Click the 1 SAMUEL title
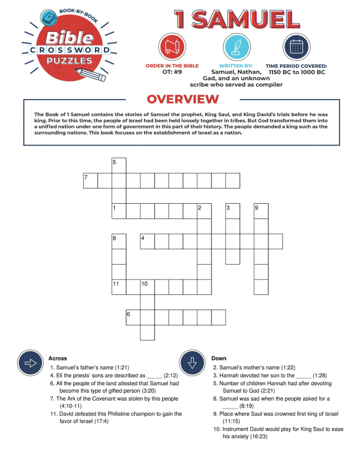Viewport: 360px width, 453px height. [237, 19]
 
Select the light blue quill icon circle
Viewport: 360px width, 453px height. [236, 48]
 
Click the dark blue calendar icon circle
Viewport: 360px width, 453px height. [296, 48]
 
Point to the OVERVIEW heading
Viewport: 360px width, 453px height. [183, 100]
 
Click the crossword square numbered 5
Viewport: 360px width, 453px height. [119, 166]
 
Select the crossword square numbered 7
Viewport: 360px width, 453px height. [90, 181]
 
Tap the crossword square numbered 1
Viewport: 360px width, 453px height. [119, 211]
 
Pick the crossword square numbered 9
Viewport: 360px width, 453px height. [261, 211]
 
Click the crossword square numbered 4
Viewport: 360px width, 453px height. [147, 241]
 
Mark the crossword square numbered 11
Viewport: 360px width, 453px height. [119, 286]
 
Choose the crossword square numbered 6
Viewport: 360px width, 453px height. [133, 317]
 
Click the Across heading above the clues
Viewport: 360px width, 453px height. [57, 359]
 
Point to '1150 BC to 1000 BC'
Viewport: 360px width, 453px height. [297, 72]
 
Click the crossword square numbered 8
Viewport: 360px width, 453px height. [119, 241]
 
